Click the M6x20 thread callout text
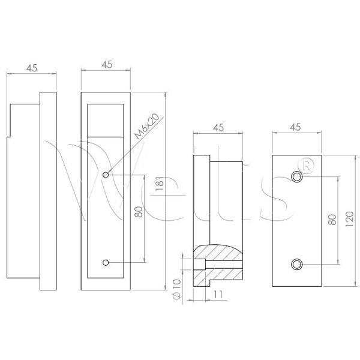pos(146,126)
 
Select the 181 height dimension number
pos(160,183)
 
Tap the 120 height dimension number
pos(349,219)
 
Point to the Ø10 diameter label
pos(177,289)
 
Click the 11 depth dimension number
pos(218,294)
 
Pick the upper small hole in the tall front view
pos(106,175)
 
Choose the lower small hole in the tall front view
pos(106,262)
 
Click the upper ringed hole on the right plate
pos(296,177)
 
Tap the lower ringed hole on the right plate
pos(296,265)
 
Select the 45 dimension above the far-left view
pos(32,68)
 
